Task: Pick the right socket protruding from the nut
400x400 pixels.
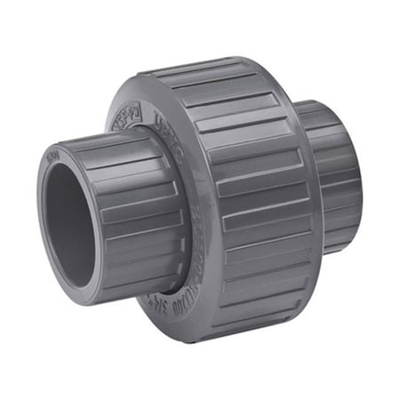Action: click(333, 178)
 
